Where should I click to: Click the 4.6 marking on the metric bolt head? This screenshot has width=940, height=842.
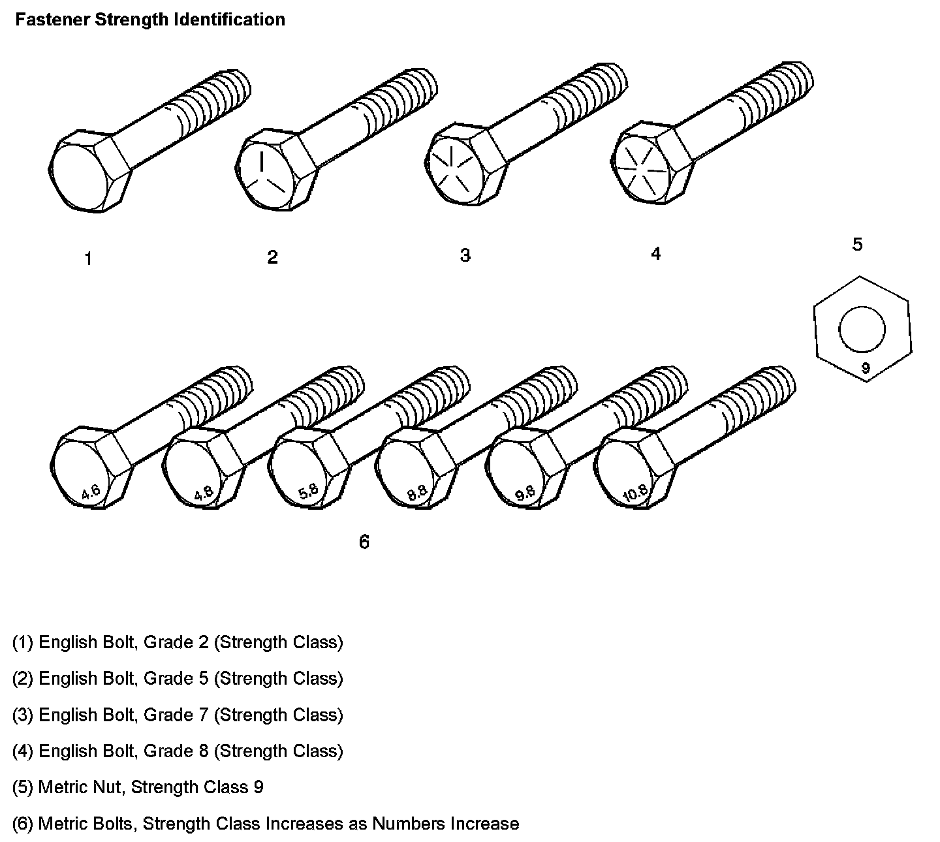91,492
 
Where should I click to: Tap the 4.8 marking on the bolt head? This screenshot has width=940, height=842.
204,493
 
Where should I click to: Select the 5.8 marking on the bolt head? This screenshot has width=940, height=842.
309,491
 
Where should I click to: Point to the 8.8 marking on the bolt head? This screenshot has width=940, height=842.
417,493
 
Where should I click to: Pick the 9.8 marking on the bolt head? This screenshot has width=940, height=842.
525,493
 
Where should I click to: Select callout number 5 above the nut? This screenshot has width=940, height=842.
857,245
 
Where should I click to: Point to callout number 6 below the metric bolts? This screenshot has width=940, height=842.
364,542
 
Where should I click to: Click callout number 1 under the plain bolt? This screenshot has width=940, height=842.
88,259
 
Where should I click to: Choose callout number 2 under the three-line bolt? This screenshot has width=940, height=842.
272,257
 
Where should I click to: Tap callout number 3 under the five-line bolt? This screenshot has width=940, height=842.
465,255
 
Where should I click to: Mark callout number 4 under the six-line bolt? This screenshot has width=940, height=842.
656,253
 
